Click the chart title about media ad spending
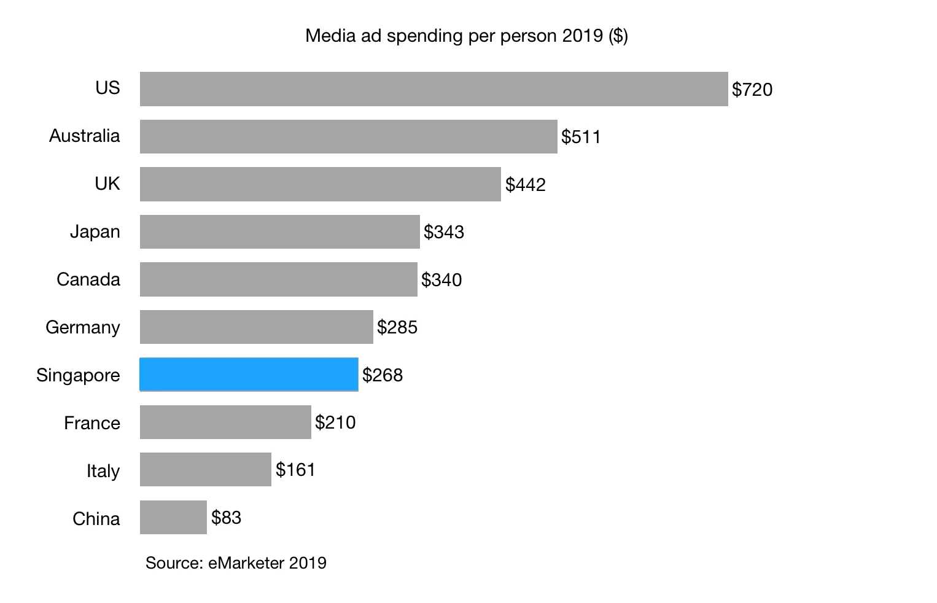click(466, 36)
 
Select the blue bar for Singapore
click(249, 375)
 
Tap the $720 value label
click(752, 90)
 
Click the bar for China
click(173, 517)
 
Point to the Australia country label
click(84, 136)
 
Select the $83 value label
click(226, 518)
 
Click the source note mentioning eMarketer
click(236, 562)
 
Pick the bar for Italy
click(205, 470)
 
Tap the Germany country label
click(82, 327)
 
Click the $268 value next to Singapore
click(382, 375)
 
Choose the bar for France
click(225, 422)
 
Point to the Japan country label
click(95, 231)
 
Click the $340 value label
click(441, 280)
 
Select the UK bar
click(320, 184)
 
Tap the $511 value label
click(580, 137)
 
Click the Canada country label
click(88, 279)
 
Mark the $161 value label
click(295, 470)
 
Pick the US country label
click(107, 88)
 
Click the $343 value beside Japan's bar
click(443, 232)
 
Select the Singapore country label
click(78, 375)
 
